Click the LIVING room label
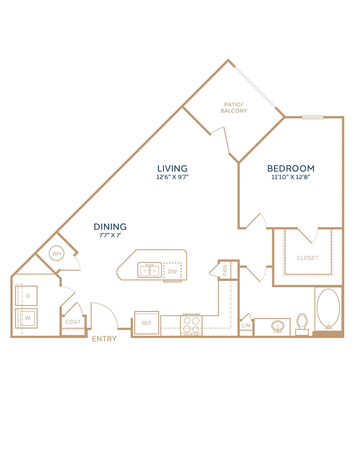coord(172,168)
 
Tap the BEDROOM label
coord(291,168)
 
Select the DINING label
coord(110,227)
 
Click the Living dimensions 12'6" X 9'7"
coord(172,177)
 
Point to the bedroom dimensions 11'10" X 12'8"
coord(291,177)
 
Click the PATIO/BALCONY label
coord(234,108)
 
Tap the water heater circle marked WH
coord(57,253)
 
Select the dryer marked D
coord(27,296)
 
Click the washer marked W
coord(27,318)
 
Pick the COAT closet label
coord(73,322)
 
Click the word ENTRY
coord(104,339)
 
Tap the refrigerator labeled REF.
coord(147,323)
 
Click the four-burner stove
coord(192,325)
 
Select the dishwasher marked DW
coord(172,271)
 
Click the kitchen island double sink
coord(150,270)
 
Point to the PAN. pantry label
coord(225,270)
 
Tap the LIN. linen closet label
coord(246,325)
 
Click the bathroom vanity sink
coord(278,327)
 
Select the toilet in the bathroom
coord(302,324)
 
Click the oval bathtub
coord(328,309)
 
